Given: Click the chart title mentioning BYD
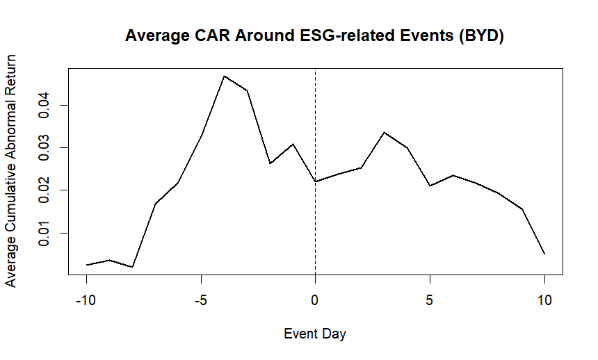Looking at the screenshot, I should pyautogui.click(x=314, y=37).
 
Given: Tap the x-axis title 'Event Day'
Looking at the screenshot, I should pyautogui.click(x=315, y=334).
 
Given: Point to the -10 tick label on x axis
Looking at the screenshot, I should pyautogui.click(x=86, y=300).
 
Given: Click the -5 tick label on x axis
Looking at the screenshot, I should pyautogui.click(x=201, y=300).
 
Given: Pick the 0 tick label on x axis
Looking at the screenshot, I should pyautogui.click(x=315, y=300).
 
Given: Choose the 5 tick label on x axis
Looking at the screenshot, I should pyautogui.click(x=430, y=300).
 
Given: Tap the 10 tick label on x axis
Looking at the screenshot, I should pyautogui.click(x=544, y=300).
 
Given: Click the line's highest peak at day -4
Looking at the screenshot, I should pyautogui.click(x=224, y=76).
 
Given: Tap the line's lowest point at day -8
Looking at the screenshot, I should pyautogui.click(x=132, y=267).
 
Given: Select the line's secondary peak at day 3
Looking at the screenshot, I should pyautogui.click(x=384, y=132).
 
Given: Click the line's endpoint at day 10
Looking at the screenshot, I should pyautogui.click(x=544, y=254).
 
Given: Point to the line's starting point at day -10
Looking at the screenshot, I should pyautogui.click(x=86, y=265).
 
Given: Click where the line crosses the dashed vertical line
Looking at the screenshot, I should pyautogui.click(x=316, y=181).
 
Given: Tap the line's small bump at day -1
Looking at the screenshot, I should pyautogui.click(x=293, y=144).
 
